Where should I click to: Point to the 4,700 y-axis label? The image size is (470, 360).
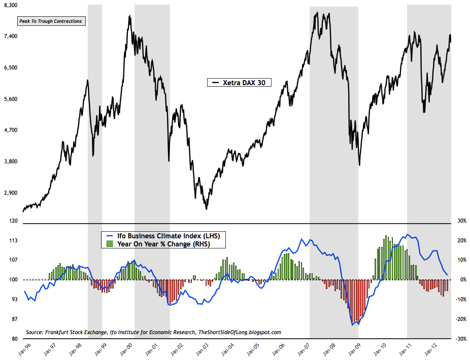pos(10,130)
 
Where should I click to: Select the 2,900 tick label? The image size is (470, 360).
pos(10,193)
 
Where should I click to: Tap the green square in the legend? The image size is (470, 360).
pos(108,244)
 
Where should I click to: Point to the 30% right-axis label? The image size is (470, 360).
pos(462,221)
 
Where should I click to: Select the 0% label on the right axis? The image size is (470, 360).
pos(463,280)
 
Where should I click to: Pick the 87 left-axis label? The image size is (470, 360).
pos(13,319)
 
